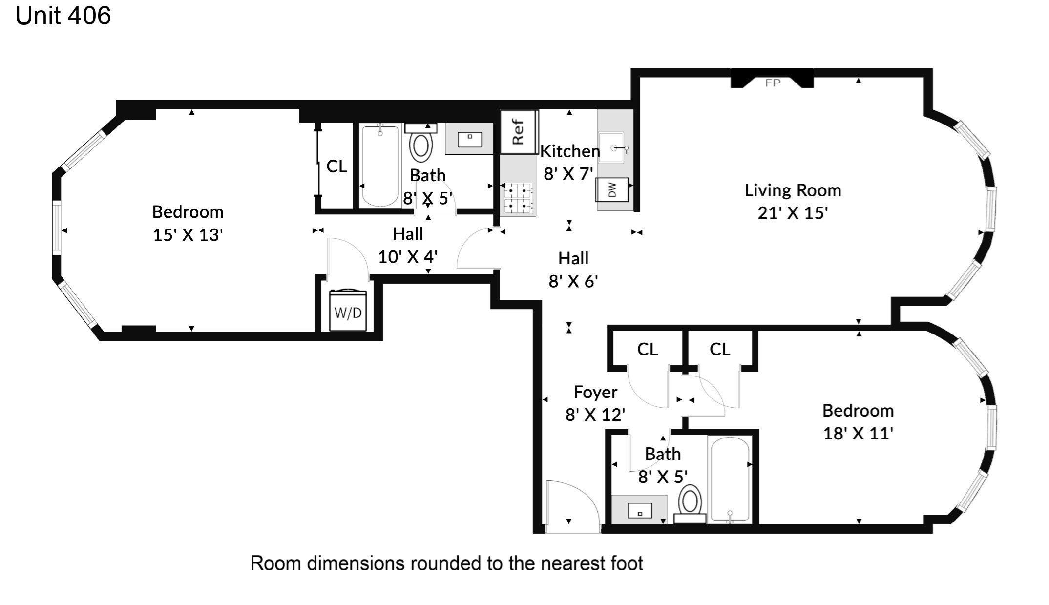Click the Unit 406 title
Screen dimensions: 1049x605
pyautogui.click(x=63, y=16)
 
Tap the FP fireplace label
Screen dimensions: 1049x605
pyautogui.click(x=773, y=83)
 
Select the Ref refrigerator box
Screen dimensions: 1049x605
pyautogui.click(x=518, y=132)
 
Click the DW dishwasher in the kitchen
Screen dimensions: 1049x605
pyautogui.click(x=612, y=189)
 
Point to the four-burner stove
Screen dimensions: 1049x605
pyautogui.click(x=518, y=198)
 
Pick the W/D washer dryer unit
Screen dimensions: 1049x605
pyautogui.click(x=348, y=311)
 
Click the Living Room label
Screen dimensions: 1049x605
pyautogui.click(x=793, y=190)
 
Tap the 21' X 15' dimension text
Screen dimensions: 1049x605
pyautogui.click(x=793, y=213)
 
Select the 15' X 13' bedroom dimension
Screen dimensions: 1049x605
pyautogui.click(x=188, y=235)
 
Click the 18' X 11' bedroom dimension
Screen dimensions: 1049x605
pyautogui.click(x=858, y=433)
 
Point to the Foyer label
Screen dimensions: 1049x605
pyautogui.click(x=595, y=392)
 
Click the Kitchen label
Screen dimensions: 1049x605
pyautogui.click(x=570, y=151)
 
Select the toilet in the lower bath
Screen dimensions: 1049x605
pyautogui.click(x=690, y=504)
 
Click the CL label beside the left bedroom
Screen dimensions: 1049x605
pyautogui.click(x=336, y=167)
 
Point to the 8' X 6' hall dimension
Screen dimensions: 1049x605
pyautogui.click(x=573, y=281)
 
